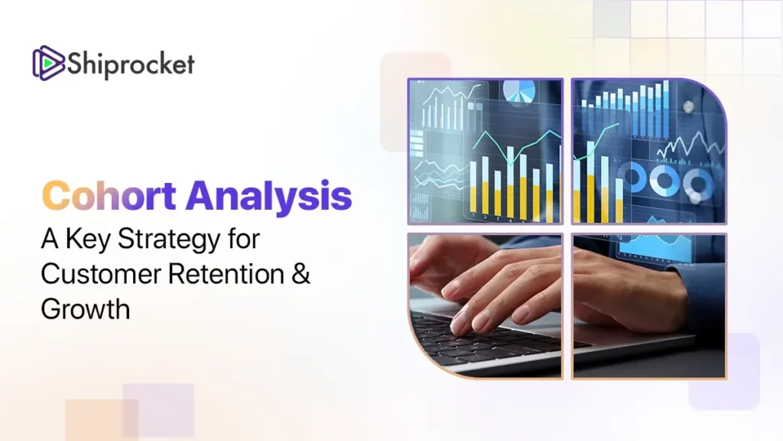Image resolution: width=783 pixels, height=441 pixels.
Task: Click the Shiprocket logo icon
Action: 48,63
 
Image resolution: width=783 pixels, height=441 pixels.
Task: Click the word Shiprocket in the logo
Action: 131,64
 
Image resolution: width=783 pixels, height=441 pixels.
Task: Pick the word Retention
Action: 226,274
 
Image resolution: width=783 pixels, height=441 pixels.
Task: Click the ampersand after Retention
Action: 301,274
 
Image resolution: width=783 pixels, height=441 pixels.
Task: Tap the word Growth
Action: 86,309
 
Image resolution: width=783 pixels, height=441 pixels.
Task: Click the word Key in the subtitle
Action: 88,240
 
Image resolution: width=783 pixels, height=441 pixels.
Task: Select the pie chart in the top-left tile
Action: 519,92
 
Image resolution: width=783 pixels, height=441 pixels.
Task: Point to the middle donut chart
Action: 665,180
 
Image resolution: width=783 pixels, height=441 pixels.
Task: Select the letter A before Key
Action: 50,239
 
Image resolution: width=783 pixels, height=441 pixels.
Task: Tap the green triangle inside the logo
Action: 48,63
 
